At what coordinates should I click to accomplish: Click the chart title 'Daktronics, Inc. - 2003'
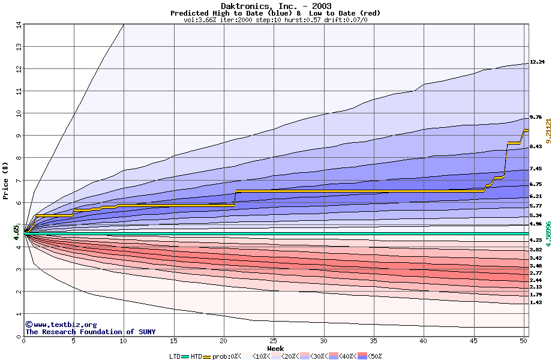[275, 6]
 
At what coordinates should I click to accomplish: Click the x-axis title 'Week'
[275, 348]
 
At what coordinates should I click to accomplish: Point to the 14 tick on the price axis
[18, 25]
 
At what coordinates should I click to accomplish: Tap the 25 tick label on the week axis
[273, 340]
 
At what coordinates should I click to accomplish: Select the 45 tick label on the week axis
[473, 340]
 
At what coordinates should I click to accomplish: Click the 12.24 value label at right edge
[536, 62]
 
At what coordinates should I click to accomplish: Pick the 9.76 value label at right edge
[536, 117]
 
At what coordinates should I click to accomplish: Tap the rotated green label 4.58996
[547, 233]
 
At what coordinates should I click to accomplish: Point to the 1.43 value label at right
[536, 302]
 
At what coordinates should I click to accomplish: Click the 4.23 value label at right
[536, 240]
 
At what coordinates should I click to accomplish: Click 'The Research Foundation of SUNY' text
[89, 332]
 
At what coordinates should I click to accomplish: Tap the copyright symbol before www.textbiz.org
[29, 324]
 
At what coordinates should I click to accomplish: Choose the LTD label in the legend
[176, 356]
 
